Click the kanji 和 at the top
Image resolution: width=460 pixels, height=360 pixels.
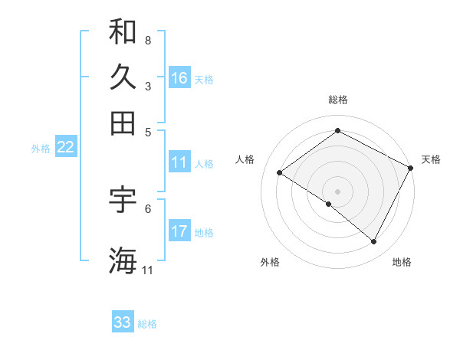pos(123,32)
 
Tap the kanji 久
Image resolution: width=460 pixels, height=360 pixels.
pos(123,77)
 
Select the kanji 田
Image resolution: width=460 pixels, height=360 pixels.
pos(123,123)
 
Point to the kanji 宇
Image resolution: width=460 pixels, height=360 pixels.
pos(123,198)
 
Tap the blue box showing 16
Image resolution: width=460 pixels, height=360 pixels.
pos(179,78)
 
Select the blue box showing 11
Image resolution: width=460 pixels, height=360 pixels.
pos(179,162)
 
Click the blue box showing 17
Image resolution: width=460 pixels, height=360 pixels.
pos(179,231)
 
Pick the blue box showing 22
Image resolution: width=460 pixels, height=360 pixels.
pos(65,148)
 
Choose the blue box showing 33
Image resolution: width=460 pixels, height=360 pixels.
pos(123,322)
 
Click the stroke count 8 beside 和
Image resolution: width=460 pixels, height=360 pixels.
pos(147,39)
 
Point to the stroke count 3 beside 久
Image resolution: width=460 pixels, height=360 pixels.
pos(147,86)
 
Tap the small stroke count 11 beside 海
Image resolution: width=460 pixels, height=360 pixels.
pos(148,270)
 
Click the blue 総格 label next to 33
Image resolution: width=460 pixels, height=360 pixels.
pos(147,324)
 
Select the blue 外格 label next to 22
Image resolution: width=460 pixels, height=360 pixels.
pos(40,149)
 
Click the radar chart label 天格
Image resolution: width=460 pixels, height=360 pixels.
pos(431,159)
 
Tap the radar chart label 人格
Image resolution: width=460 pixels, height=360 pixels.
pos(245,159)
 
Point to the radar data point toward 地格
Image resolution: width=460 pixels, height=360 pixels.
pos(374,242)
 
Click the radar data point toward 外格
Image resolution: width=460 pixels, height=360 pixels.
pos(329,204)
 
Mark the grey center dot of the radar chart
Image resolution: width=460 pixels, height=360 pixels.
pos(337,191)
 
